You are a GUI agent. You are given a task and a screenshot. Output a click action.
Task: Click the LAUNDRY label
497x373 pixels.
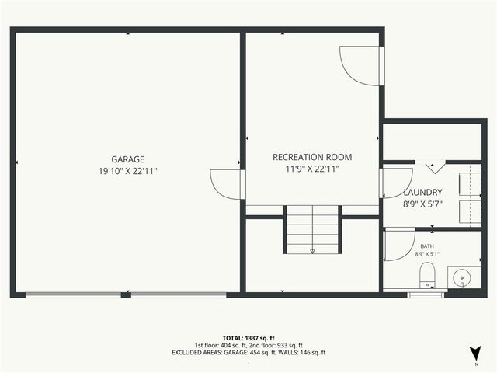(x=422, y=193)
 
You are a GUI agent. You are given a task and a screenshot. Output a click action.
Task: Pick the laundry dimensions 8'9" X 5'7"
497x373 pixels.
(x=422, y=204)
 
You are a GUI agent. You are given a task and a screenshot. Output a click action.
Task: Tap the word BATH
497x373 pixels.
(x=427, y=246)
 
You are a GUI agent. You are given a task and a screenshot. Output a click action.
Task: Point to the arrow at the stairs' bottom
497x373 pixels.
(x=312, y=250)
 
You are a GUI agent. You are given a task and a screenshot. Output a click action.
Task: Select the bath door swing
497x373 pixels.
(x=398, y=246)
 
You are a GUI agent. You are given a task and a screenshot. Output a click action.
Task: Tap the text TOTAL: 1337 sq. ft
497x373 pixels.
(x=248, y=338)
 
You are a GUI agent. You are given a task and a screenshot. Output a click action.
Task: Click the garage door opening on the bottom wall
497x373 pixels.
(x=126, y=295)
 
